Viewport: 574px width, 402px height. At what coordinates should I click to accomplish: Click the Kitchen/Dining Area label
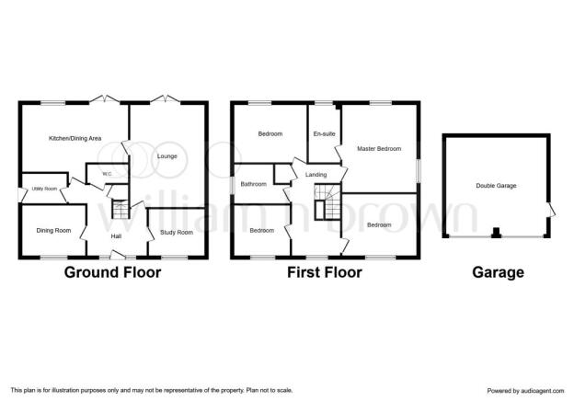pos(75,138)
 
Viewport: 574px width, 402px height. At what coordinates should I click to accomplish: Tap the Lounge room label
pos(166,156)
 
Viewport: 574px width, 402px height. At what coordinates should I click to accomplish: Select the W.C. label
pos(108,174)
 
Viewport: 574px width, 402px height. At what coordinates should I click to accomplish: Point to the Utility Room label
pos(45,189)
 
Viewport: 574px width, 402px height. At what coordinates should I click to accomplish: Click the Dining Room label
pos(53,231)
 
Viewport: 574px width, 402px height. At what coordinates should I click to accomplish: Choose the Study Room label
pos(177,233)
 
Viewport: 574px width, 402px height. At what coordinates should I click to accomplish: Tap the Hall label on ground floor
pos(116,236)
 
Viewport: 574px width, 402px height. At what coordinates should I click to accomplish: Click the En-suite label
pos(325,134)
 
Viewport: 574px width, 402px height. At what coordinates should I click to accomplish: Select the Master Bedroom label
pos(379,149)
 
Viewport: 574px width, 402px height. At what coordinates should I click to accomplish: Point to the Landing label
pos(316,175)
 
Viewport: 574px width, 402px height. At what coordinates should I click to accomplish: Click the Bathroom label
pos(253,184)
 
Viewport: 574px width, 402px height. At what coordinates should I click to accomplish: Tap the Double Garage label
pos(496,186)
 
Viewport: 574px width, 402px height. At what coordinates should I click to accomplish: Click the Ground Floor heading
pos(113,272)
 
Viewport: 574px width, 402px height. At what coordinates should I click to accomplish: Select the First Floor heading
pos(325,272)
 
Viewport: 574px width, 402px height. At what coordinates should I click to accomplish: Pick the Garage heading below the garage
pos(498,272)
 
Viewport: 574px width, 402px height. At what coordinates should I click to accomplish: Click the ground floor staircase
pos(121,210)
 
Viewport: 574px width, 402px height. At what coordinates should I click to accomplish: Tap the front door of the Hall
pos(117,255)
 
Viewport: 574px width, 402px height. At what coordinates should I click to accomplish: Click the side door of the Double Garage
pos(551,210)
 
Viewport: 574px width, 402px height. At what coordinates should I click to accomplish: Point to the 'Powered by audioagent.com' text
pos(525,391)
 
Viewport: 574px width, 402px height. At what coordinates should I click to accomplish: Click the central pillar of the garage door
pos(496,233)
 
